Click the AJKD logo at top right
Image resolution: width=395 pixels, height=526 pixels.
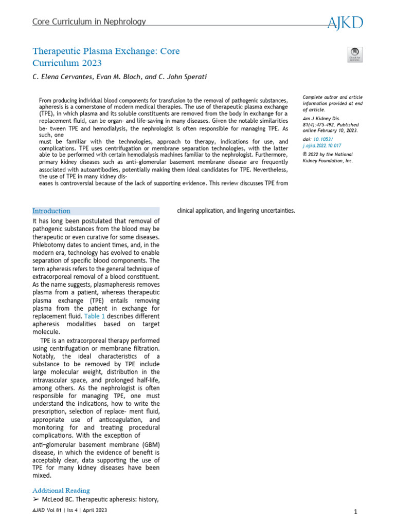(x=345, y=22)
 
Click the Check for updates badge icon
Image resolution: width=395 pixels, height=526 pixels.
(x=355, y=54)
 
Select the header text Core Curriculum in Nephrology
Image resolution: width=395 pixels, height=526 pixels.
(x=89, y=22)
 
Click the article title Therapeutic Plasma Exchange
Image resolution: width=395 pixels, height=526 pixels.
(x=106, y=51)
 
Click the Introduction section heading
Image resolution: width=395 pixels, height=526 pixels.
(x=51, y=211)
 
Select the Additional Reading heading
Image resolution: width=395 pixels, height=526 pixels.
(x=61, y=491)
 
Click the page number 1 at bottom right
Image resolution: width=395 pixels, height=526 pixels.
(x=355, y=512)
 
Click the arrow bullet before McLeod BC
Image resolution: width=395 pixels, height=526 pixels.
(x=35, y=499)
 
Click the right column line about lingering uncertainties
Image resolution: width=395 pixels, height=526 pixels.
(x=236, y=211)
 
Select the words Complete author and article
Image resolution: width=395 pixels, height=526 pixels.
(x=332, y=97)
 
